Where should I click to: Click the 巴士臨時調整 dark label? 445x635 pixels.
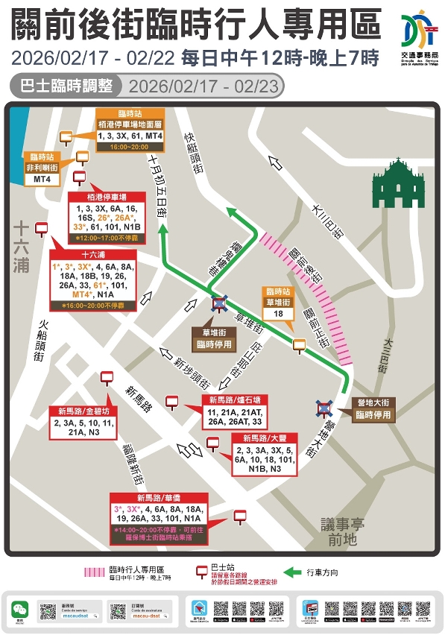66,86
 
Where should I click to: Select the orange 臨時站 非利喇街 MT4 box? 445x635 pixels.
43,168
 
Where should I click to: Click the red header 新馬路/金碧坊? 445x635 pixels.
81,411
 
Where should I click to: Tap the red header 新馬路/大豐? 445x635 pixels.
258,438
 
